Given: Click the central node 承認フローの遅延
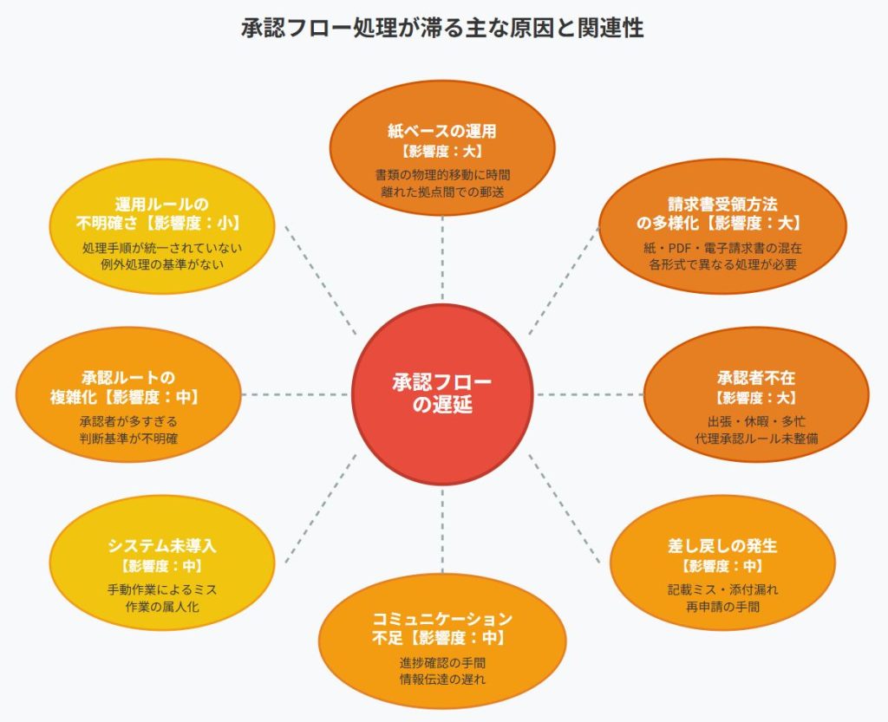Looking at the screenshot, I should pos(442,394).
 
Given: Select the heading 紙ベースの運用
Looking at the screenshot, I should pos(442,132).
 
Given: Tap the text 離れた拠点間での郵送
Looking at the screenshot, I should pos(442,191).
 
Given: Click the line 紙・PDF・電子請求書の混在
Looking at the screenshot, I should pos(722,248).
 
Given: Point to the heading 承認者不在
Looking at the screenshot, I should pos(756,378).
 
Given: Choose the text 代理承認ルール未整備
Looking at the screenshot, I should pos(756,439).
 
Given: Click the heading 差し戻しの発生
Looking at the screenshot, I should pos(721,546).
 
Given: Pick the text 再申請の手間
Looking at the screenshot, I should pos(721,606).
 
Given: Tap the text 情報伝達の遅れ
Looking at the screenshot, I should pos(442,679).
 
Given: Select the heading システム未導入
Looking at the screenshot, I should pos(162,546).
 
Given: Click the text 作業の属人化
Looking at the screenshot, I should pos(162,606).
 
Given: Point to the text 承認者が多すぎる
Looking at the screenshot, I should pos(128,421).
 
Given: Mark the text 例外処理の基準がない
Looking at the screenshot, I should pos(162,264).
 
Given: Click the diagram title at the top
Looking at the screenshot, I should pos(442,28).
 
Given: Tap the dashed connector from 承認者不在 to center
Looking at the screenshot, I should pos(590,394).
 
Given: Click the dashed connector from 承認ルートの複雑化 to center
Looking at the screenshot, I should pos(295,394).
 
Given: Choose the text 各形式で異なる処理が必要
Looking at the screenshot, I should pos(722,264).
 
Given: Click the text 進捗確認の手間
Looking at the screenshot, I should pos(442,662).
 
